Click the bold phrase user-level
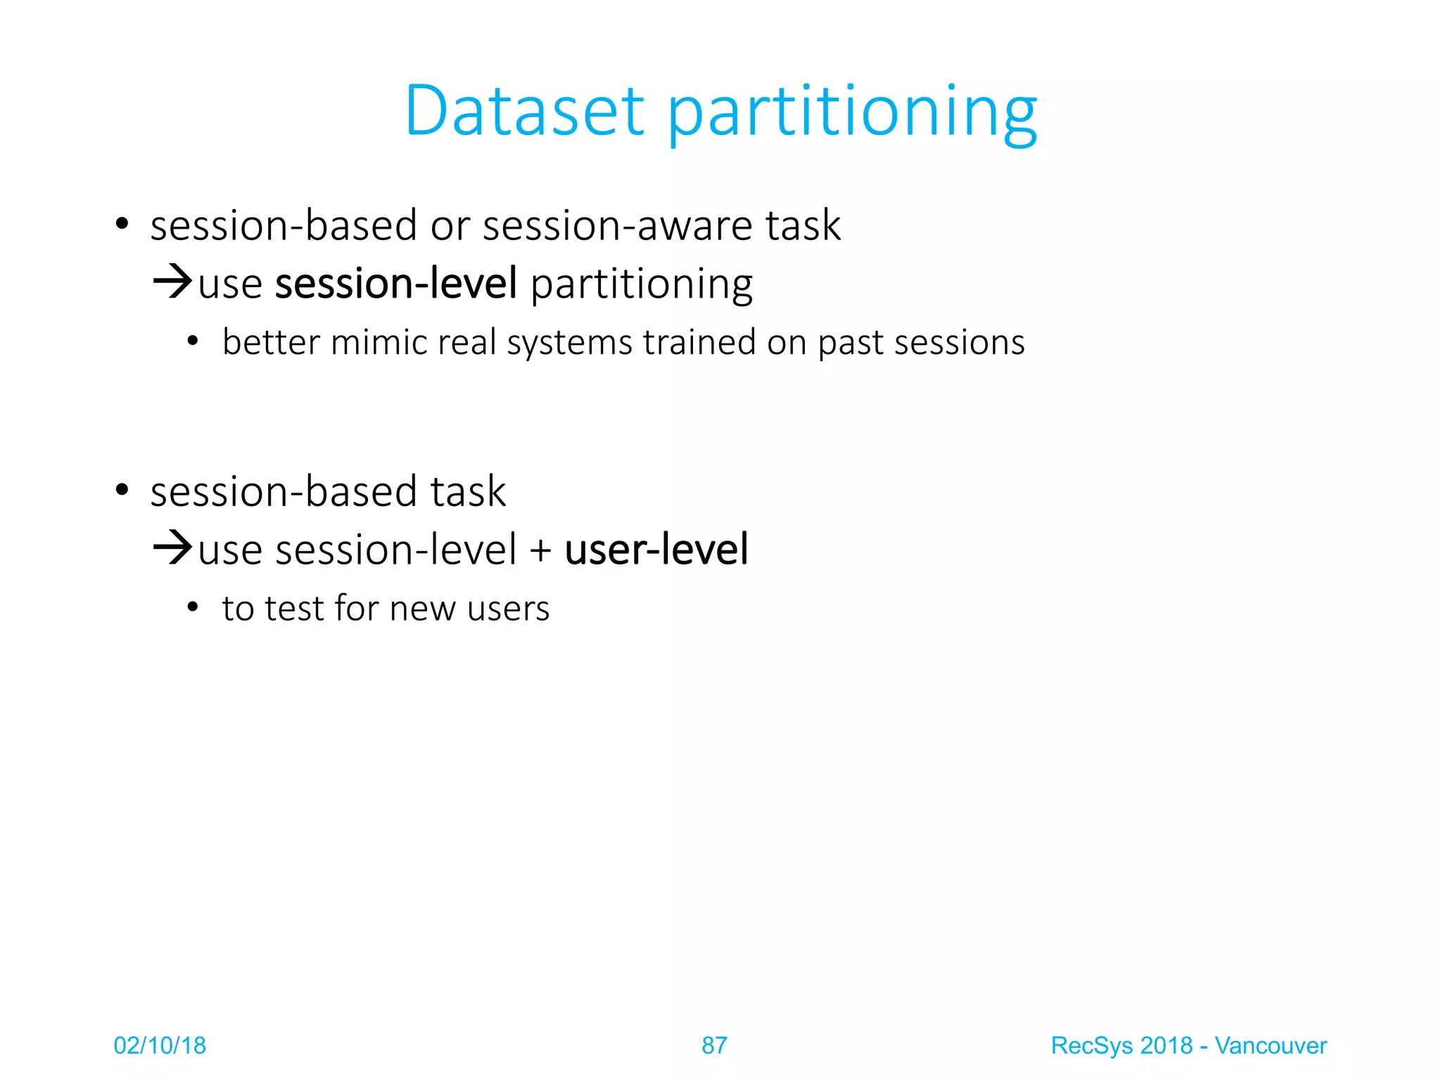pos(656,550)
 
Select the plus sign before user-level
pos(540,550)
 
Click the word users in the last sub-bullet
pos(508,609)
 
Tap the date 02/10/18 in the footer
pos(160,1046)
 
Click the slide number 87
pos(714,1046)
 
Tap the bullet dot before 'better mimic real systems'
pos(193,342)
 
